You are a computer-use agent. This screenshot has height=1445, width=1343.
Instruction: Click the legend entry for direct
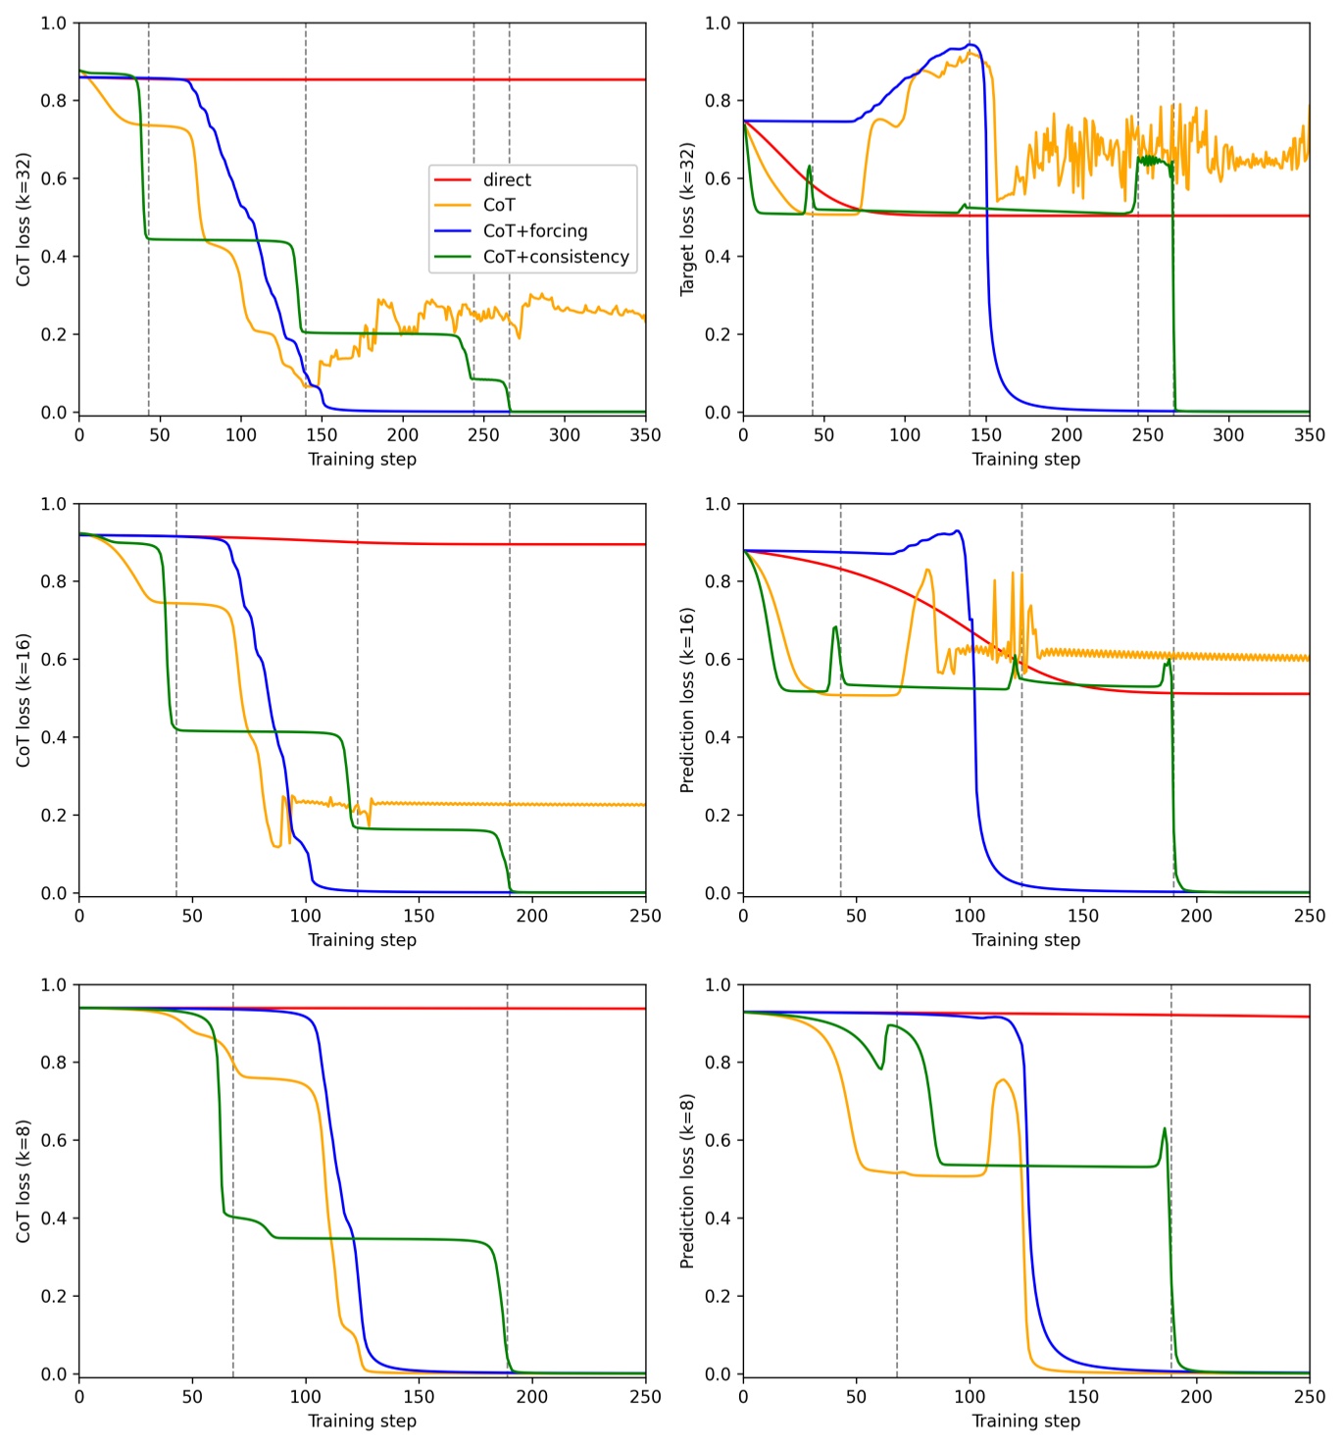tap(506, 179)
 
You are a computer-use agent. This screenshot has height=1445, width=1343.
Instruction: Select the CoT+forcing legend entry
tap(534, 231)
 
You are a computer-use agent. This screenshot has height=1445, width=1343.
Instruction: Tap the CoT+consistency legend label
tap(555, 257)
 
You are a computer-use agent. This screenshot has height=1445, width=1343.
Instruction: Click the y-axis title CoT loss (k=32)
tap(24, 219)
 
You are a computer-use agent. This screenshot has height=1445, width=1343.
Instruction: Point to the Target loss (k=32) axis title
tap(687, 219)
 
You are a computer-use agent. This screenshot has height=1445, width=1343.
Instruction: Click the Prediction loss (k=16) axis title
tap(687, 699)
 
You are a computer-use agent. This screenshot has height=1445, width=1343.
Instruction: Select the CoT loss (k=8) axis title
tap(24, 1180)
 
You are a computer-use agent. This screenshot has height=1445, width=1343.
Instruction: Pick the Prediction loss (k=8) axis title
tap(687, 1180)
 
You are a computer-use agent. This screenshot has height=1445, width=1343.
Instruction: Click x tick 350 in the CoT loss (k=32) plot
tap(644, 435)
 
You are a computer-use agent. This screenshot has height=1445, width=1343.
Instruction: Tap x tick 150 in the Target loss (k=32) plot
tap(985, 435)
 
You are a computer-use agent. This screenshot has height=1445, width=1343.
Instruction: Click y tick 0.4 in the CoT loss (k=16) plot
tap(54, 737)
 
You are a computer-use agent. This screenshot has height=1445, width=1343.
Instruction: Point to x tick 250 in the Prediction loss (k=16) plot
tap(1309, 916)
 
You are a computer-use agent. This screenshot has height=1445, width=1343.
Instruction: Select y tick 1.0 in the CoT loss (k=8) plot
tap(54, 985)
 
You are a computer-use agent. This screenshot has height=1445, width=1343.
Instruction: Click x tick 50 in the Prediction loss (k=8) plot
tap(856, 1397)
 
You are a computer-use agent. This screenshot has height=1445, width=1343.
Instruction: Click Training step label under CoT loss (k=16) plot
tap(362, 940)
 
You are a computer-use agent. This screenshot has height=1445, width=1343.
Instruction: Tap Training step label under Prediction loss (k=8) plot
tap(1025, 1421)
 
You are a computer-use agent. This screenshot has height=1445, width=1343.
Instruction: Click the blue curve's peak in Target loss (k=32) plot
tap(970, 44)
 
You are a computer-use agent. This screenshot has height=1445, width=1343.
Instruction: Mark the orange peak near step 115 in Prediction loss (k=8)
tap(1002, 1080)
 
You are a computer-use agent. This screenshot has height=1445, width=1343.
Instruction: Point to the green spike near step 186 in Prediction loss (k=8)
tap(1165, 1128)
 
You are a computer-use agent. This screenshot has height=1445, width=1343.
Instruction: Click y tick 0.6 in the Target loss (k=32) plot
tap(718, 178)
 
